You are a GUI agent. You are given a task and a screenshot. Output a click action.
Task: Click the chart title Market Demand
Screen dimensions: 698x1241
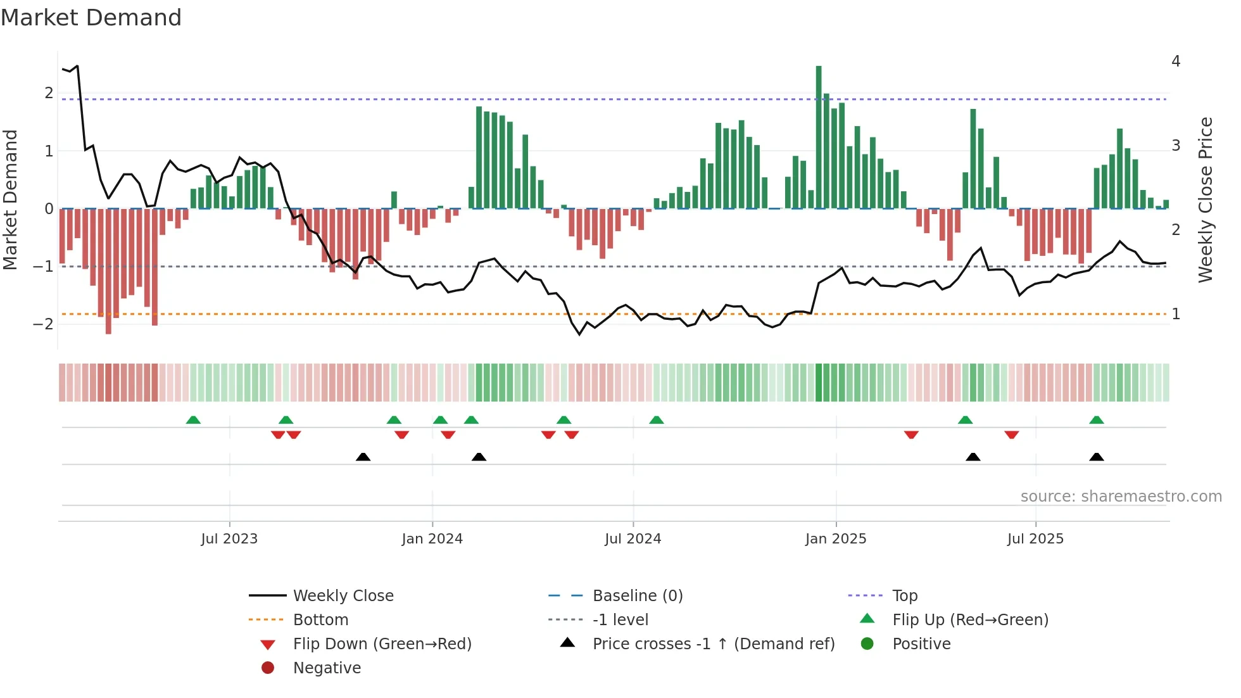click(x=91, y=18)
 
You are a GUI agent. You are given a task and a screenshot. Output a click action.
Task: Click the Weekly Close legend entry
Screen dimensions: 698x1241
click(x=343, y=595)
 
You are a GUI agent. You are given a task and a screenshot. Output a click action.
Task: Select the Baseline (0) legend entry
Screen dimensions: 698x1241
click(x=637, y=595)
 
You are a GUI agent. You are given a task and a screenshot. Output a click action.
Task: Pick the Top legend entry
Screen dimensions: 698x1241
click(x=904, y=595)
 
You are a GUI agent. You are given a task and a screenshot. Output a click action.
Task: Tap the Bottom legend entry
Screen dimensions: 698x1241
click(x=320, y=619)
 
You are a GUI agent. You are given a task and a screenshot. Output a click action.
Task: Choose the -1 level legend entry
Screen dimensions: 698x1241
click(x=620, y=619)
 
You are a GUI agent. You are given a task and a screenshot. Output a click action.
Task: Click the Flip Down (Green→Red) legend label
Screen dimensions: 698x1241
click(x=382, y=644)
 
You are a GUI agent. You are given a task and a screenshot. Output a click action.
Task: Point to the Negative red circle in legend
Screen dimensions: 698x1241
click(x=268, y=668)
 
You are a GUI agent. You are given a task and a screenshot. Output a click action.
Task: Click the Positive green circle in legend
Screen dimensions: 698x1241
click(x=867, y=644)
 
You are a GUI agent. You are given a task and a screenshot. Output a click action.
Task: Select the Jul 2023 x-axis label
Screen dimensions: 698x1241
click(x=229, y=538)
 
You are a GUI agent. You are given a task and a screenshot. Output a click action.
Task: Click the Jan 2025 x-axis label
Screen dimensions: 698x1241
click(x=835, y=538)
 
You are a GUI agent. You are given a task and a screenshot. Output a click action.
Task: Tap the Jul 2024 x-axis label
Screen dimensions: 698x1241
click(x=633, y=538)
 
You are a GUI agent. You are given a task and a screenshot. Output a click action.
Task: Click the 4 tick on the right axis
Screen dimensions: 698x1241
click(x=1176, y=61)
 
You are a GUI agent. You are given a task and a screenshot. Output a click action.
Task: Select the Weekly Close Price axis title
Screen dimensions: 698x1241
click(x=1205, y=200)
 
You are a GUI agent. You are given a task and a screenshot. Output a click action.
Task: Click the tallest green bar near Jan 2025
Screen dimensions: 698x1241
click(x=819, y=136)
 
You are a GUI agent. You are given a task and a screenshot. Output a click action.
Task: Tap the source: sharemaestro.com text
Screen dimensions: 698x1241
click(x=1121, y=496)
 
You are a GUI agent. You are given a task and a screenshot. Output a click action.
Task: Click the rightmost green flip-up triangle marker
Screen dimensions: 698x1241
click(x=1097, y=420)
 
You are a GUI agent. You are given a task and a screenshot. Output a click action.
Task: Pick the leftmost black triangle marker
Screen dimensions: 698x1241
click(x=363, y=457)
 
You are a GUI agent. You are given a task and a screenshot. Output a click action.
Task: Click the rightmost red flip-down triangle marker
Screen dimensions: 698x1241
click(x=1011, y=435)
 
